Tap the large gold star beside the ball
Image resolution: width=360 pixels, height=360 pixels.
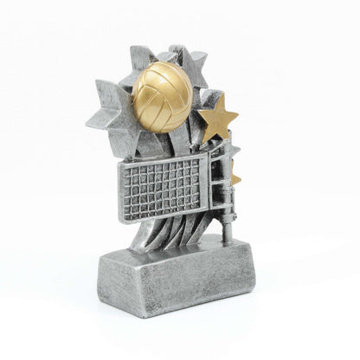tap(217, 120)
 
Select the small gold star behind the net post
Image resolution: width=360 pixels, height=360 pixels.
tap(235, 178)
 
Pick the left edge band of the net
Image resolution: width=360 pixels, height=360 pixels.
tap(123, 191)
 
